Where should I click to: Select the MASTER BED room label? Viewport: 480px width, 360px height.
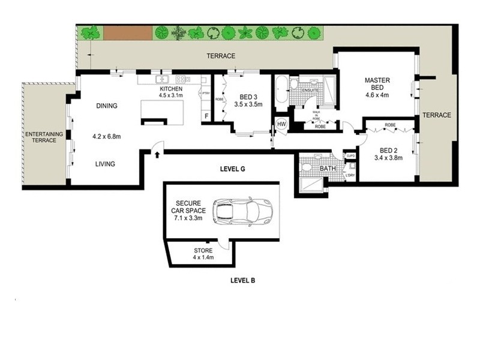pyautogui.click(x=377, y=85)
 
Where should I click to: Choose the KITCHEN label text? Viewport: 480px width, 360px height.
pyautogui.click(x=170, y=88)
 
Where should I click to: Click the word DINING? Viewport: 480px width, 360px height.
pyautogui.click(x=106, y=106)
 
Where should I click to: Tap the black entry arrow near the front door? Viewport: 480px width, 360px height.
pyautogui.click(x=157, y=155)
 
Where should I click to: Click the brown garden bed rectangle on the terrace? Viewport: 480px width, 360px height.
pyautogui.click(x=127, y=32)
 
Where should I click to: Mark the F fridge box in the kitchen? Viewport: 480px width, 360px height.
pyautogui.click(x=206, y=115)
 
